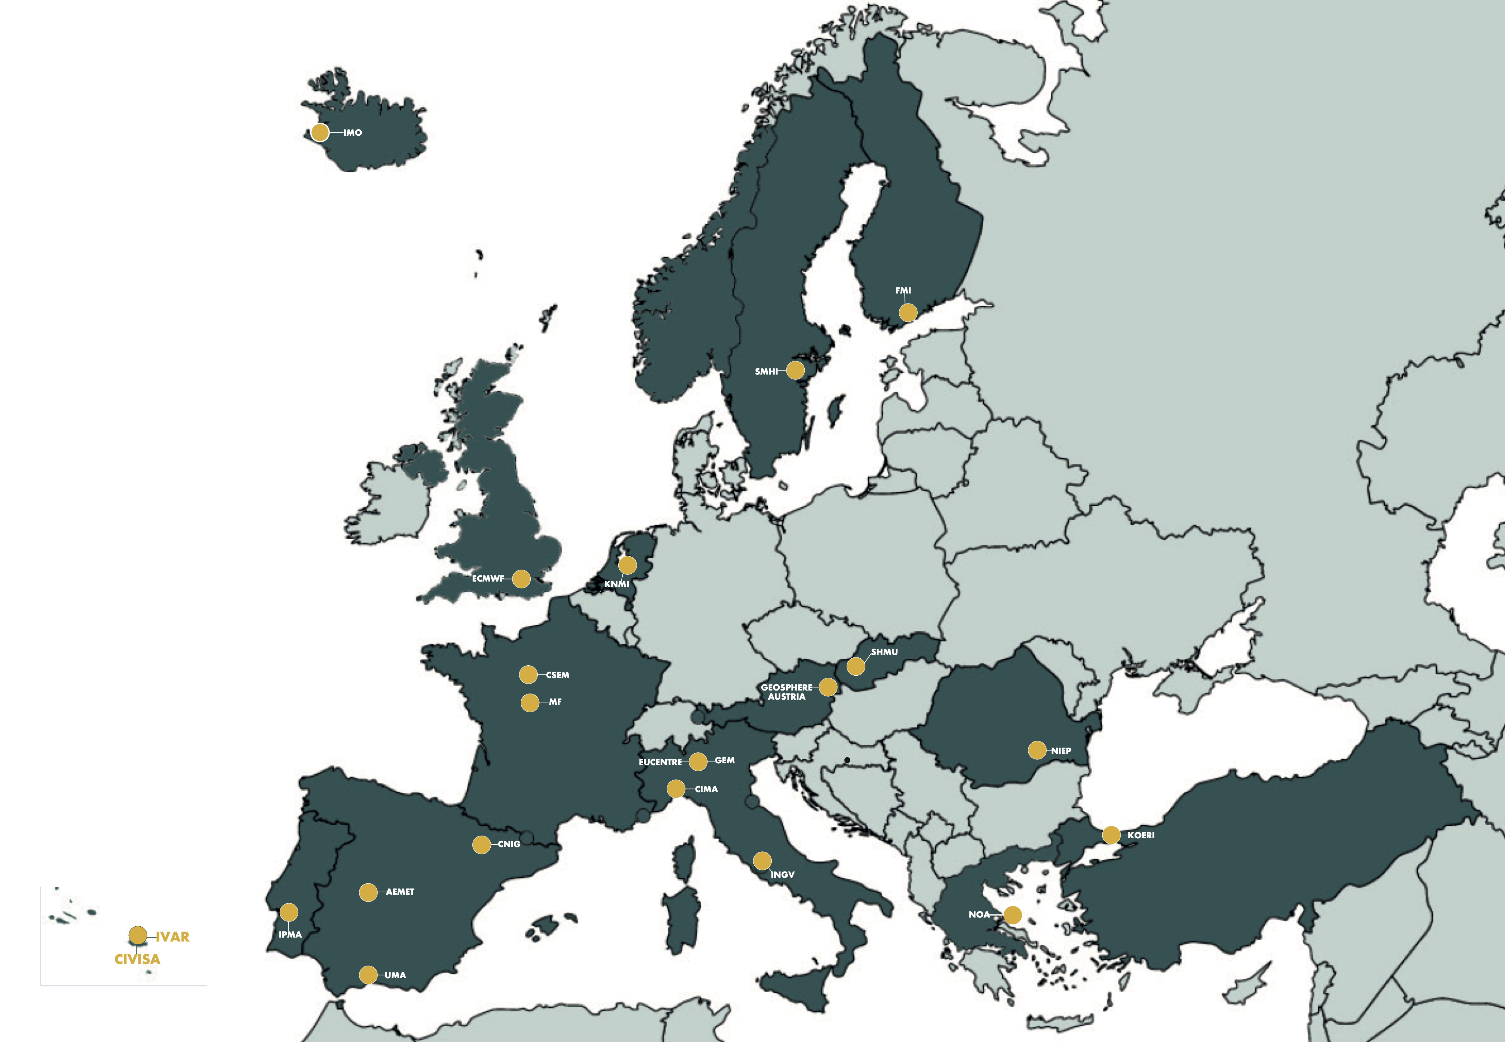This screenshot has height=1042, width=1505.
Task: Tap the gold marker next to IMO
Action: click(320, 133)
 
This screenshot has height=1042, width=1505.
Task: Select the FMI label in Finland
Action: click(903, 290)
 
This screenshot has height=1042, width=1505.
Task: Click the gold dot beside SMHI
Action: click(795, 370)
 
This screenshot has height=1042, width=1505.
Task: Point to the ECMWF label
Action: click(488, 579)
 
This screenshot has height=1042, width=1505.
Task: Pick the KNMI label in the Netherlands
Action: click(617, 584)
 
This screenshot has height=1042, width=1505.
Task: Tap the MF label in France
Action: click(555, 702)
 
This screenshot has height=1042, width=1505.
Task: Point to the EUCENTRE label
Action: click(660, 762)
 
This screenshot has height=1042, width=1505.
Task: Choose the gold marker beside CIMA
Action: click(676, 789)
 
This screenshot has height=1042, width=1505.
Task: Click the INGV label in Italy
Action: click(783, 874)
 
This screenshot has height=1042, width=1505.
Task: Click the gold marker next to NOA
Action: click(1012, 915)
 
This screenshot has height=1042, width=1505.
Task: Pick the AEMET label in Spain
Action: click(400, 892)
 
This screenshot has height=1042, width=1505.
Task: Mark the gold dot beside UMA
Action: click(369, 975)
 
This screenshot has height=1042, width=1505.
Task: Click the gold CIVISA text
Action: click(137, 959)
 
